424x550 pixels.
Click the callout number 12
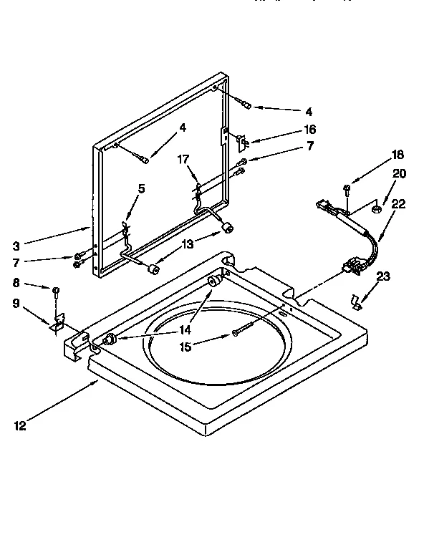tap(20, 428)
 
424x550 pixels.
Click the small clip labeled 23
tap(356, 301)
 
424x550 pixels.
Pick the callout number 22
tap(398, 203)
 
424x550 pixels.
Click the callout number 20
tap(399, 173)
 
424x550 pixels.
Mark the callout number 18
tap(398, 154)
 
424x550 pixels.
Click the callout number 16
tap(309, 130)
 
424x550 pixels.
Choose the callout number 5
tap(141, 188)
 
